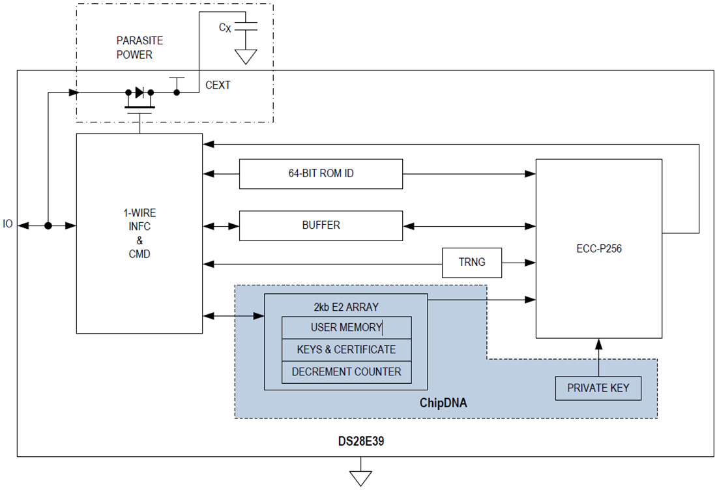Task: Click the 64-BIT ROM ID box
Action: coord(321,174)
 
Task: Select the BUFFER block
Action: coord(321,225)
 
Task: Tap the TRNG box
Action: coord(472,263)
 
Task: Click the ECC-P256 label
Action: coord(598,248)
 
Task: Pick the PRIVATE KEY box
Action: coord(598,388)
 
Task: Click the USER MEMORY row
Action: coord(346,327)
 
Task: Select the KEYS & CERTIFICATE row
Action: coord(346,350)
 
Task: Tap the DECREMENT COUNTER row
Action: coord(346,371)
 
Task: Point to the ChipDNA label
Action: coord(443,404)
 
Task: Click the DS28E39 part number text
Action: coord(360,441)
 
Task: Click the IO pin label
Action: coord(8,225)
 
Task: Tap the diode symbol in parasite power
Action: coord(139,93)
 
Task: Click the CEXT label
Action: coord(218,85)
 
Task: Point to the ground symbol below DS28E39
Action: coord(360,477)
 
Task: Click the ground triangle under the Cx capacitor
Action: coord(246,57)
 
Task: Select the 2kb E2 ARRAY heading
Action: coord(345,307)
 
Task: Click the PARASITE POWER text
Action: coord(139,48)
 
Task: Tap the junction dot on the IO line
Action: coord(48,225)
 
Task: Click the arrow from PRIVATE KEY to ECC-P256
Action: coord(598,356)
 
